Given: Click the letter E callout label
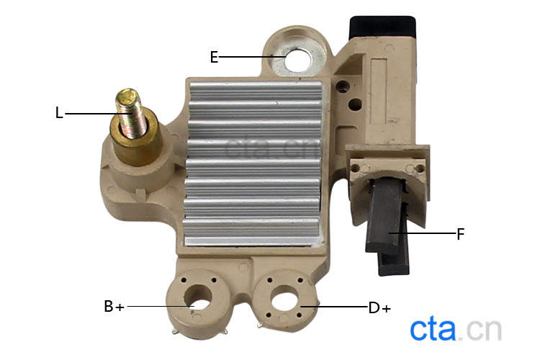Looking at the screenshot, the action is (x=214, y=57).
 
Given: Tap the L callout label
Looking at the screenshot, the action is (x=59, y=112).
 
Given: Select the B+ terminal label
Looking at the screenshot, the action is (x=114, y=306).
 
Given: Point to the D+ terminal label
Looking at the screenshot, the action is (x=379, y=307).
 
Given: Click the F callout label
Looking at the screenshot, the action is (x=461, y=234).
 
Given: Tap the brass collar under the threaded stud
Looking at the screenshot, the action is (x=136, y=140).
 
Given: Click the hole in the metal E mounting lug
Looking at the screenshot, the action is (x=299, y=60).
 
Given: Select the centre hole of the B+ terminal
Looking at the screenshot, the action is (x=198, y=297).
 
